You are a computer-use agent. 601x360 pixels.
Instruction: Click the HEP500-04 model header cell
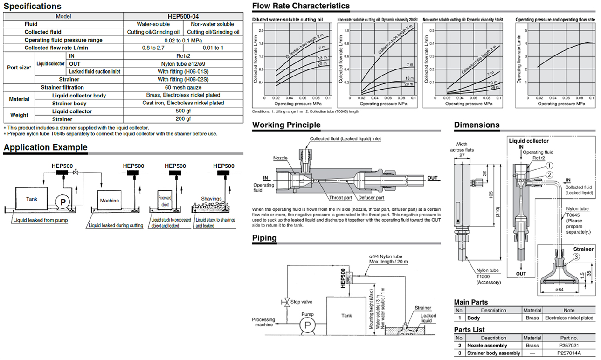click(183, 16)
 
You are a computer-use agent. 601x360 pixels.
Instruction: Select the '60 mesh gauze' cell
click(183, 87)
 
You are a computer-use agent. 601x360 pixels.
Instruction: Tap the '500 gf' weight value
click(183, 111)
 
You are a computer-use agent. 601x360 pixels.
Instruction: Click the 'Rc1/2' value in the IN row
click(183, 55)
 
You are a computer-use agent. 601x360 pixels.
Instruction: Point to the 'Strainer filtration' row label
click(62, 87)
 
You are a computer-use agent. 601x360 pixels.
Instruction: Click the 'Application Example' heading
click(45, 148)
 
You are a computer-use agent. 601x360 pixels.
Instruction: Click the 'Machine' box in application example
click(110, 201)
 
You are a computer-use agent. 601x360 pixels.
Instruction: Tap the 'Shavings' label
click(211, 198)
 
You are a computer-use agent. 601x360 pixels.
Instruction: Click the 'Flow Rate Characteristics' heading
click(300, 6)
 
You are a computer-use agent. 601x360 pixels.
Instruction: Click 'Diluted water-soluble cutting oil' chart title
click(287, 20)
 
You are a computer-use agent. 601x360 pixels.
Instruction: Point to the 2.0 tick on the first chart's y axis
click(261, 30)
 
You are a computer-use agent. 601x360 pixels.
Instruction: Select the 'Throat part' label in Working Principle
click(340, 198)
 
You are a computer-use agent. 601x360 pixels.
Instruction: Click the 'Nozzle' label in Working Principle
click(281, 158)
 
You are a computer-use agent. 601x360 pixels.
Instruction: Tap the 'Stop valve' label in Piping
click(301, 302)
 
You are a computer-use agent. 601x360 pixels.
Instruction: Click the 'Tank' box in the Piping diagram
click(346, 316)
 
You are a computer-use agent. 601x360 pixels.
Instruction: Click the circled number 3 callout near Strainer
click(576, 256)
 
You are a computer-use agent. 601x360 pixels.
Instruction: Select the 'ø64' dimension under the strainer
click(560, 289)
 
